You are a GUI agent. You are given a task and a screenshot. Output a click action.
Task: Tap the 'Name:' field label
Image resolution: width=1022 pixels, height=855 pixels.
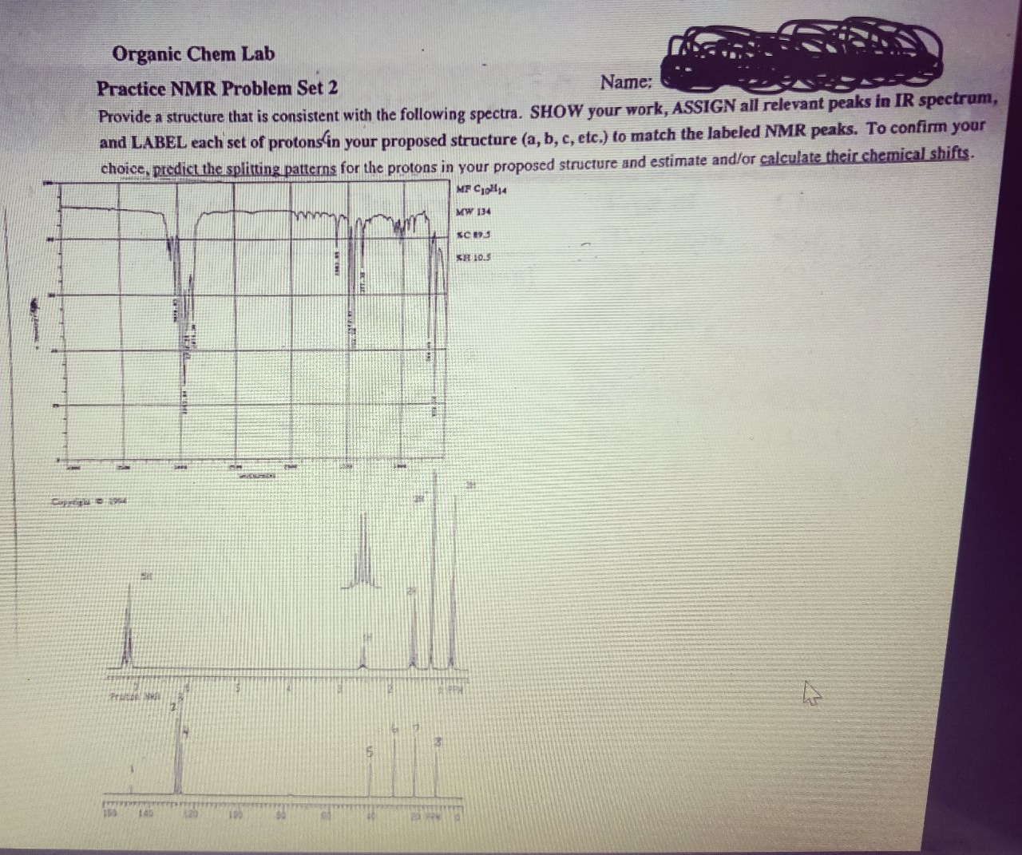[627, 82]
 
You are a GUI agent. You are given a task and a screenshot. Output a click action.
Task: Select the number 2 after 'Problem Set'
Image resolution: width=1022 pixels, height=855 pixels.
[332, 88]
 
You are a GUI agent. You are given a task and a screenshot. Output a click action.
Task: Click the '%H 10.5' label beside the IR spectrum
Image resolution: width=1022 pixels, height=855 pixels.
[473, 256]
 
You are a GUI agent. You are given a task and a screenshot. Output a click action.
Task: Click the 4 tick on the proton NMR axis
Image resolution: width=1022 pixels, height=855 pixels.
[289, 687]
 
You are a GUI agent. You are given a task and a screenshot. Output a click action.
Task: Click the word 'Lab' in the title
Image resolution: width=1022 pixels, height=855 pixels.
[257, 54]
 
